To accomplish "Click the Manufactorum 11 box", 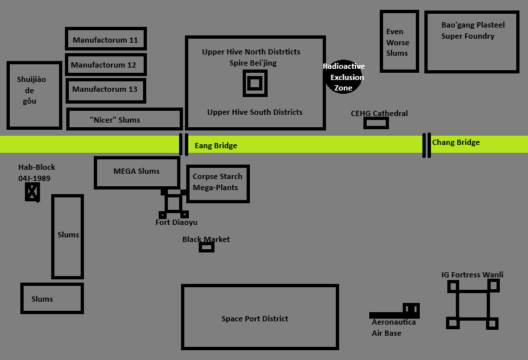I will point(106,39).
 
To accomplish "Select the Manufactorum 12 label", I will point(104,65).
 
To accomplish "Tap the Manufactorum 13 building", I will point(105,90).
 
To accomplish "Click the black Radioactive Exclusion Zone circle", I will point(343,76).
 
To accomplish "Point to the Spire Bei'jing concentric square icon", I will point(255,83).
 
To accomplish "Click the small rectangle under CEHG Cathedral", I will point(376,123).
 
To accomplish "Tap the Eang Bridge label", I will point(216,146).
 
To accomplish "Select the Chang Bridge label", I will point(456,142).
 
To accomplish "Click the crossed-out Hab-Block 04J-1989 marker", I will point(32,192).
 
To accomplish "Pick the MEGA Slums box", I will point(136,172).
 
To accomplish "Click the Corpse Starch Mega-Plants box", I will point(218,184).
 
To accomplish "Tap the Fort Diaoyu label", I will point(176,222).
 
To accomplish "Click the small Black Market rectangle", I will point(207,247).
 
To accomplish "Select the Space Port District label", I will point(254,319).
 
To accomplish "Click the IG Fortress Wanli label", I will point(472,275).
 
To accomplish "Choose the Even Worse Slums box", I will point(399,42).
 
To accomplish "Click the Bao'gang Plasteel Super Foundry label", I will point(473,31).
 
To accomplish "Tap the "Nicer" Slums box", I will point(124,119).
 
